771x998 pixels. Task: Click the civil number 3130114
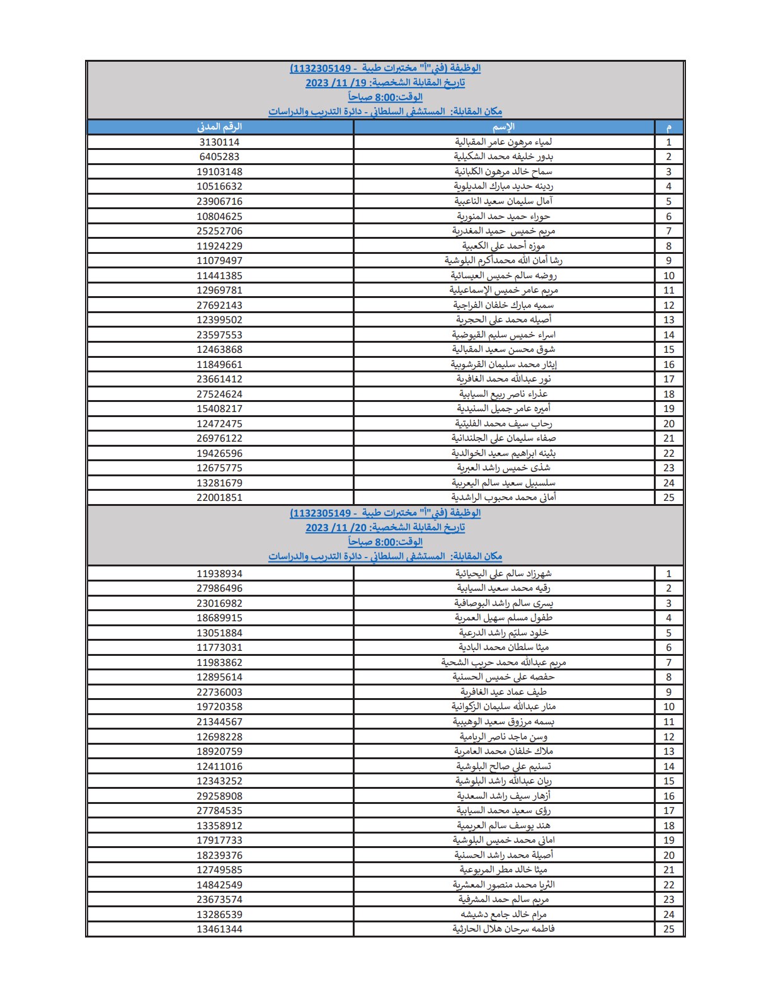coord(219,142)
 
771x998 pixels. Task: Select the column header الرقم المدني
coord(219,127)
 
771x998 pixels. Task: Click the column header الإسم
coord(503,127)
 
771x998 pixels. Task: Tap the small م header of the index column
coord(668,127)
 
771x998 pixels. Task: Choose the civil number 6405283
coord(219,157)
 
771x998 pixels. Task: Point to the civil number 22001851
coord(219,498)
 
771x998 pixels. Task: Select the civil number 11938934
coord(219,574)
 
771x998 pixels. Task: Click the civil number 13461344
coord(219,929)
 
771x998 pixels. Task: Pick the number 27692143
coord(219,306)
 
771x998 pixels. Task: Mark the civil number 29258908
coord(219,796)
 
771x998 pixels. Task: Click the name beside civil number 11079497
coord(503,261)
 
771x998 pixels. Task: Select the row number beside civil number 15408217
coord(668,409)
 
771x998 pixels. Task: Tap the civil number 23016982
coord(219,604)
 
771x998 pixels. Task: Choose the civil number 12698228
coord(219,737)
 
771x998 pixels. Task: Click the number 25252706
coord(219,231)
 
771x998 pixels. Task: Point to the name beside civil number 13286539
coord(503,915)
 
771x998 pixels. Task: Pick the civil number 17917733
coord(219,840)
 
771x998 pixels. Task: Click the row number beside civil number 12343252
coord(668,781)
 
